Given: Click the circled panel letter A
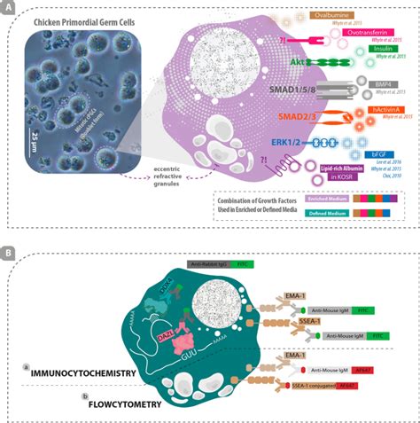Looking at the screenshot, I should pyautogui.click(x=8, y=7).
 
